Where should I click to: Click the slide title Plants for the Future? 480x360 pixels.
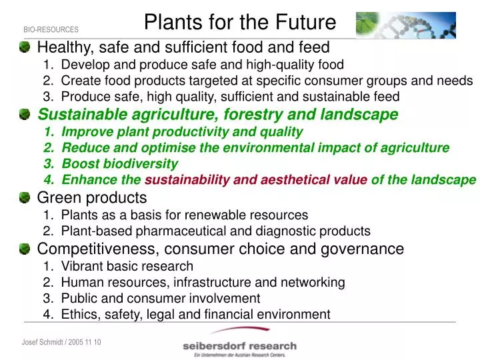(240, 23)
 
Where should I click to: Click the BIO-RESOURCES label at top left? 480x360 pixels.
(51, 30)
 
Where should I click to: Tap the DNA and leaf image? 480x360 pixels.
(405, 25)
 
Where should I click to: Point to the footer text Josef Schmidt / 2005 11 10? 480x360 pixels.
(61, 342)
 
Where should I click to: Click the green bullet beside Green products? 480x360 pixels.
(25, 197)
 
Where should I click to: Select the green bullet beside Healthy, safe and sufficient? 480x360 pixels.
(25, 47)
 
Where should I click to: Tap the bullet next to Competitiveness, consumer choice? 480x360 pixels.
(25, 249)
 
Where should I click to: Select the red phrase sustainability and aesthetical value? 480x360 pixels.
(256, 180)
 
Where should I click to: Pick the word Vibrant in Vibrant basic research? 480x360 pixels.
(81, 266)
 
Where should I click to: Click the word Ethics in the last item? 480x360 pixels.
(79, 315)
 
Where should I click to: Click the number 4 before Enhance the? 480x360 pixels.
(48, 180)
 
